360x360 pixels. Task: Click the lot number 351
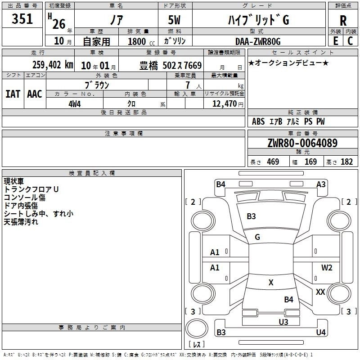[x=22, y=19]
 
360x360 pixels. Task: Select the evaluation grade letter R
[x=343, y=20]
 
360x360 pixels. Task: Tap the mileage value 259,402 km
[x=53, y=64]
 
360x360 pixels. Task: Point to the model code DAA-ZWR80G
[x=258, y=41]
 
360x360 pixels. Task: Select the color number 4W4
[x=75, y=103]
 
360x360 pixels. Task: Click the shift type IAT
[x=13, y=94]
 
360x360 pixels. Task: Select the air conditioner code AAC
[x=35, y=94]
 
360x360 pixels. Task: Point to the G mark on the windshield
[x=257, y=237]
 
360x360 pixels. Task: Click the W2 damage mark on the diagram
[x=327, y=268]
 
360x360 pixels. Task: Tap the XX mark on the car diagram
[x=320, y=292]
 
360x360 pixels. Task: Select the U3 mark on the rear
[x=283, y=322]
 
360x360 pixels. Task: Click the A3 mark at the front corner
[x=321, y=184]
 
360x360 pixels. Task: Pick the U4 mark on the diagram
[x=321, y=333]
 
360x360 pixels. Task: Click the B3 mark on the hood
[x=251, y=216]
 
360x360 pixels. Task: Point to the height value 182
[x=346, y=162]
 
